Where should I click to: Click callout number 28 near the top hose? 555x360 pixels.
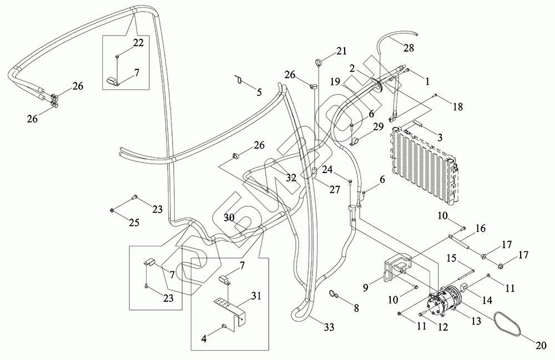coord(408,49)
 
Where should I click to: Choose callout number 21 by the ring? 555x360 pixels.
coord(341,52)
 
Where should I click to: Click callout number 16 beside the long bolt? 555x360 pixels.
coord(481,228)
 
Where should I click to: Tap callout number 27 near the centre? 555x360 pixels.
coord(334,189)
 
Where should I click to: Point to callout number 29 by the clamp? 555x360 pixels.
coord(377,127)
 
